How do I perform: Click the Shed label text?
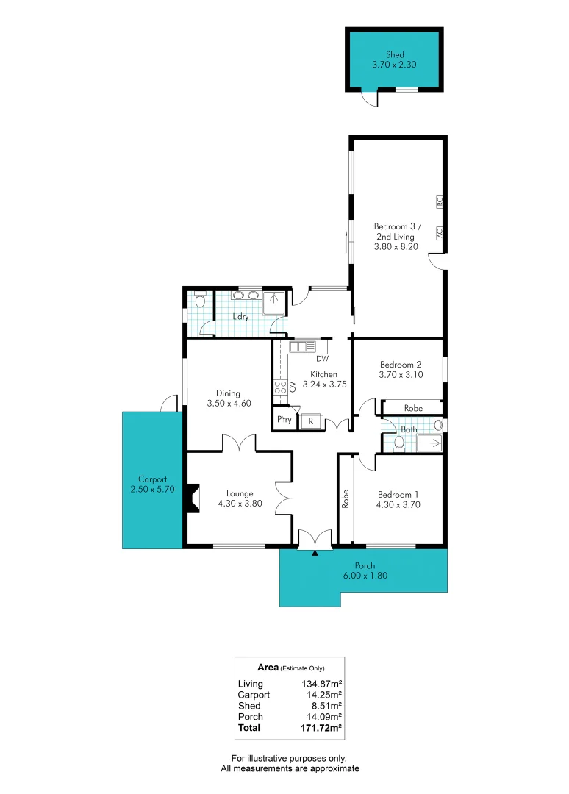tap(395, 54)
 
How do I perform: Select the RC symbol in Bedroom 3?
tap(439, 200)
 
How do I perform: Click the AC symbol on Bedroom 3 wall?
tap(439, 232)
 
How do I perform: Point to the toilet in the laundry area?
tap(198, 300)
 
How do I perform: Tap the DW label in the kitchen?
tap(322, 359)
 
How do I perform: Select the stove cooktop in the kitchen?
tap(280, 388)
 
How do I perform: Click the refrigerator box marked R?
tap(312, 421)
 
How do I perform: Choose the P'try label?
tap(284, 420)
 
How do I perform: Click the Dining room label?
tap(228, 393)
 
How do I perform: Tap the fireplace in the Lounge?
tap(193, 498)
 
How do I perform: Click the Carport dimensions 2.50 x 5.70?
tap(152, 489)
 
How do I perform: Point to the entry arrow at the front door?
tap(315, 552)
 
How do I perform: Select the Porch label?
tap(365, 565)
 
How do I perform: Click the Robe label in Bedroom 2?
tap(413, 407)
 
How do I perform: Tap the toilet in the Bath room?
tap(398, 442)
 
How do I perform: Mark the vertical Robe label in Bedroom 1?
tap(345, 500)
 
